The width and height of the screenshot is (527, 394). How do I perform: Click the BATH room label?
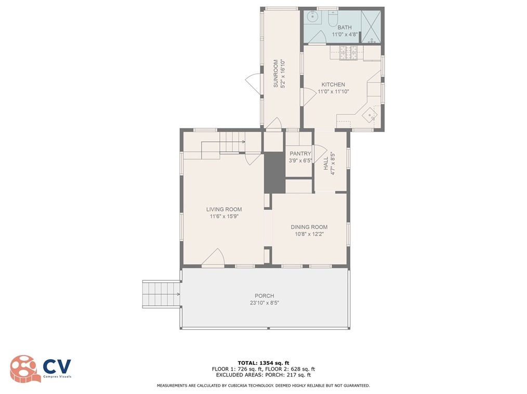(345, 27)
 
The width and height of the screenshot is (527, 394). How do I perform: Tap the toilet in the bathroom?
(333, 19)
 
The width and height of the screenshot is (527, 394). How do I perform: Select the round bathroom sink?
(312, 16)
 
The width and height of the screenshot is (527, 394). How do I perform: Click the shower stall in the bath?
(371, 27)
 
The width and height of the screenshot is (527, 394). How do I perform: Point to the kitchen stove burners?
(348, 53)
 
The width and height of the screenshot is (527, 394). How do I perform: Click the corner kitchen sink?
(370, 114)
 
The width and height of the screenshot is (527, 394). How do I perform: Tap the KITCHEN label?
(333, 84)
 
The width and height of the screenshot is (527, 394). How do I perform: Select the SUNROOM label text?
(275, 74)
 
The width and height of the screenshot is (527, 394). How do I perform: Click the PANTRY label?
(300, 154)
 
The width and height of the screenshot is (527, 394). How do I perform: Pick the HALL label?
(326, 163)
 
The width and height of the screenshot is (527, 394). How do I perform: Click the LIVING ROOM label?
(224, 209)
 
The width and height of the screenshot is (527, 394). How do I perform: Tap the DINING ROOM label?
(309, 227)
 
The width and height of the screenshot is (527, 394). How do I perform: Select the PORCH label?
(264, 296)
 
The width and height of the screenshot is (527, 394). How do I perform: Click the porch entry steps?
(162, 294)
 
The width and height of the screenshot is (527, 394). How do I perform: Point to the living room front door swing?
(213, 258)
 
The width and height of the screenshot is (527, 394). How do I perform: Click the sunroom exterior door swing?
(254, 84)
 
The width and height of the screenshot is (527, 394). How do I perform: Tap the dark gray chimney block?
(274, 173)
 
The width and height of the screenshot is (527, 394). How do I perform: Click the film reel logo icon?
(23, 369)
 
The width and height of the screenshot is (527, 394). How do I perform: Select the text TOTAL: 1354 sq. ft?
(263, 363)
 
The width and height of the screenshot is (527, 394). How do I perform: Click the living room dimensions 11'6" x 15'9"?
(224, 217)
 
